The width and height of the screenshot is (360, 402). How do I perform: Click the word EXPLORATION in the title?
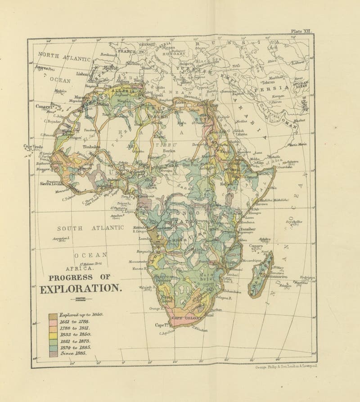pos(81,289)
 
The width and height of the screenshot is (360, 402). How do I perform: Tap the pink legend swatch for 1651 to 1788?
pos(53,322)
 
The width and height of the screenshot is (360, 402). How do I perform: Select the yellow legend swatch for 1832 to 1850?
pos(53,334)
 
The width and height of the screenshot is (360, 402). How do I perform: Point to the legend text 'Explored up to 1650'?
pos(81,316)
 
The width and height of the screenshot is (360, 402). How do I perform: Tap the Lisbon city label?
pos(82,73)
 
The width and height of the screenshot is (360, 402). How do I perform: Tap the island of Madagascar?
pos(261,275)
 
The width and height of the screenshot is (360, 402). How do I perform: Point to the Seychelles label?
pos(293,222)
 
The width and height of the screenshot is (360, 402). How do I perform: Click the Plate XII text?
pos(301,31)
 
